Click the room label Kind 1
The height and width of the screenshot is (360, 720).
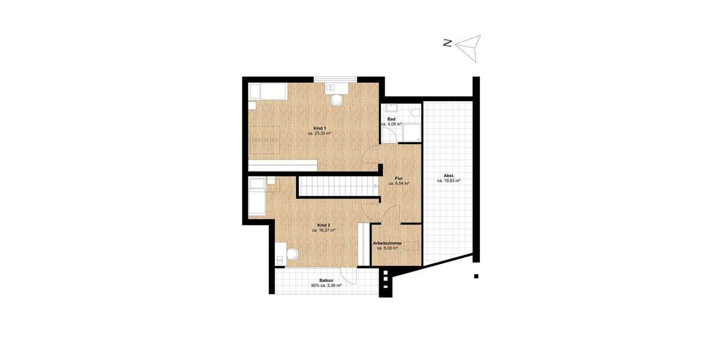click(320, 128)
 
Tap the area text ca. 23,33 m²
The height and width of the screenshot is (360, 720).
click(320, 134)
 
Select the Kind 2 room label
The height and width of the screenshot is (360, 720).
click(323, 224)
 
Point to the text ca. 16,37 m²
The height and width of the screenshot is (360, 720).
click(323, 230)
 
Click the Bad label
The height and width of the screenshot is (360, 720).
click(391, 119)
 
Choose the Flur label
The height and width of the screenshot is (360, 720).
click(398, 178)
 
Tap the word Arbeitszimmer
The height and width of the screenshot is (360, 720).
click(387, 243)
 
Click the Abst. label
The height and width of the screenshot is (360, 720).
click(449, 175)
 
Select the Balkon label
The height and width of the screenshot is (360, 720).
click(326, 280)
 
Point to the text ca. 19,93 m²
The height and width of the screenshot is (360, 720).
click(449, 181)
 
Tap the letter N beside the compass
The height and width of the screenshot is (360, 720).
click(447, 43)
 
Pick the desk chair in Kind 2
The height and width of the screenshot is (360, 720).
click(292, 254)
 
